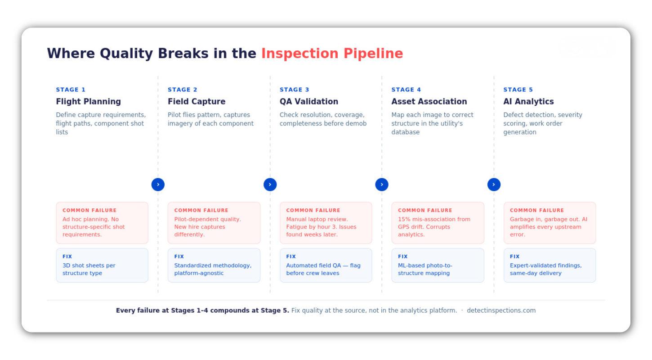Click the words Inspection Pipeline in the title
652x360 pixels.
pos(332,54)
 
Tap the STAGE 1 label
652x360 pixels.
pos(71,90)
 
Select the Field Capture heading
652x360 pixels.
pos(196,102)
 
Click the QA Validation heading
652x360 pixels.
pos(308,102)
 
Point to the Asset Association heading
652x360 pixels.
pos(429,102)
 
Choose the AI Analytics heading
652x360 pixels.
pos(528,102)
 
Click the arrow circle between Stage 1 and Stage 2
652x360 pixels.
pos(158,184)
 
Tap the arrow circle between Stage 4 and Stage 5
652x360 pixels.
pos(494,184)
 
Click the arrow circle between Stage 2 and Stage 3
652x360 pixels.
pos(270,184)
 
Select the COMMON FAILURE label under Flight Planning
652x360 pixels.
pos(89,210)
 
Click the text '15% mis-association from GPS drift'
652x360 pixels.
pos(434,223)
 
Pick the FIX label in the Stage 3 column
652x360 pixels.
pos(291,256)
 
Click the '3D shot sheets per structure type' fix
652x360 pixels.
pos(89,269)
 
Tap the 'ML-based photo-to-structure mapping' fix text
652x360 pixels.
pos(425,269)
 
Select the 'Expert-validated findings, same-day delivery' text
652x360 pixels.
pos(545,269)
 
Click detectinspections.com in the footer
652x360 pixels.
pos(501,310)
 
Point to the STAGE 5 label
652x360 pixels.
pos(518,90)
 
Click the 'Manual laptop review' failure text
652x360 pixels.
pos(317,220)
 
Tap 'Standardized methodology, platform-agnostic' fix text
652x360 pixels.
pos(213,269)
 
